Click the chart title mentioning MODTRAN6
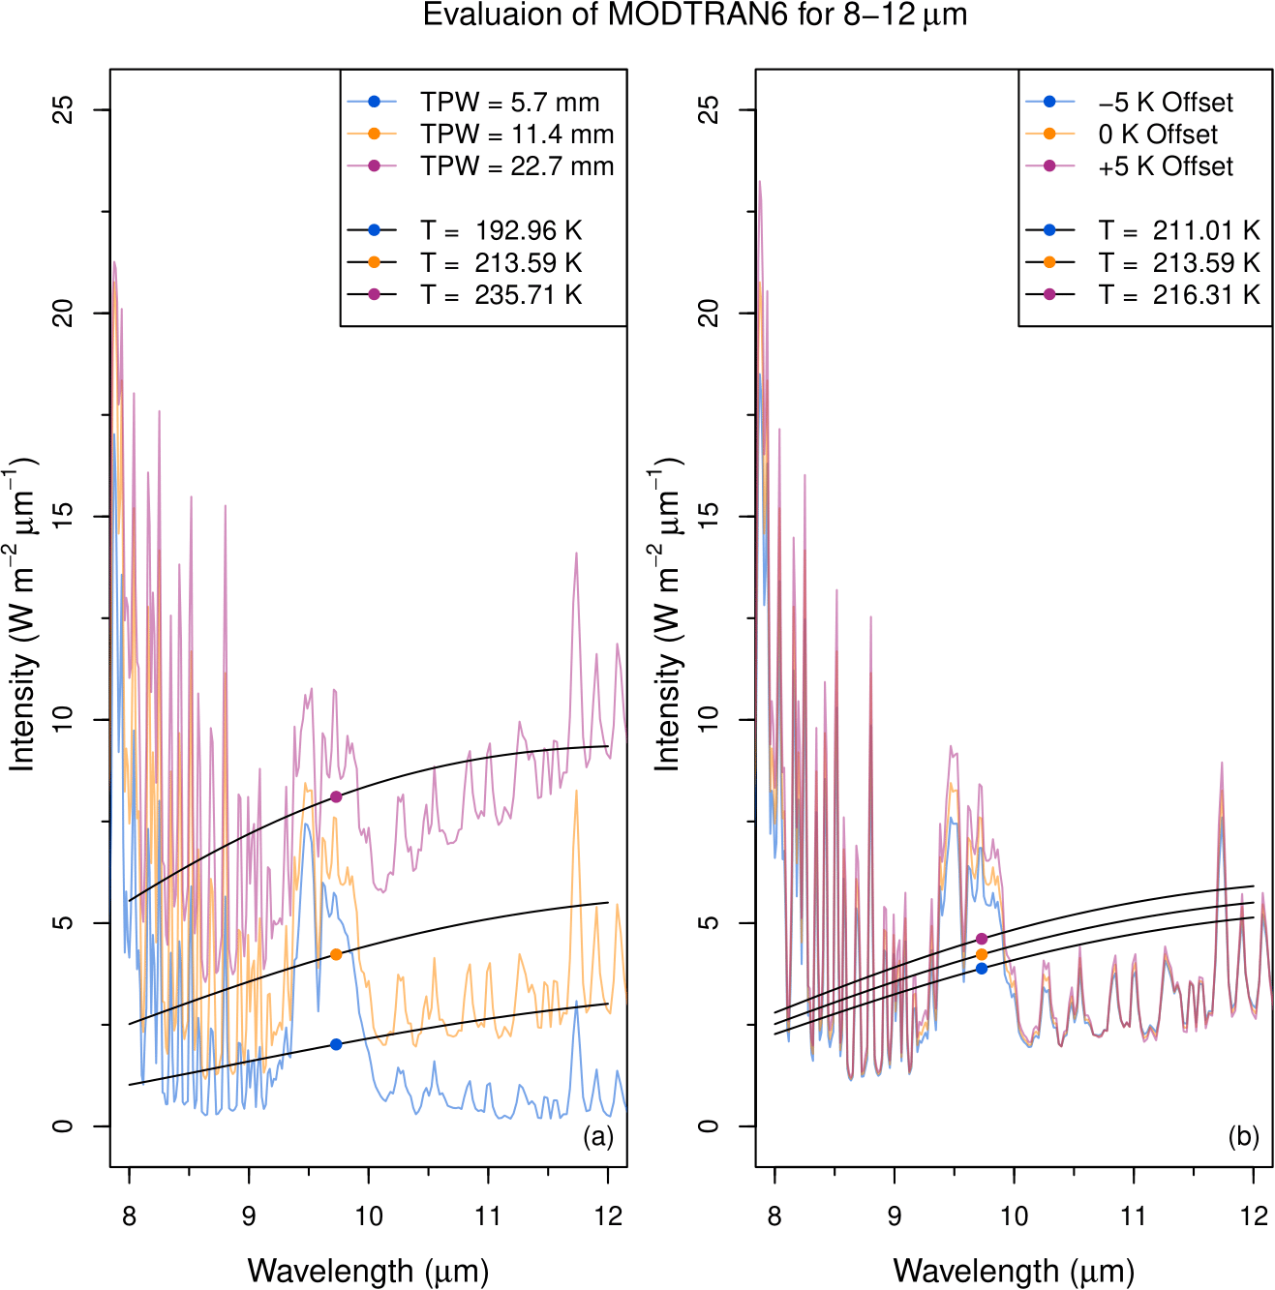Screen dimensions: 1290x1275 695,15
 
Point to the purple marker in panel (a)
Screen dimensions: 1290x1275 336,796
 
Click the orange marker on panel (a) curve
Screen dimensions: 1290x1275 336,954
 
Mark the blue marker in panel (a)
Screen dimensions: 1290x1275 336,1044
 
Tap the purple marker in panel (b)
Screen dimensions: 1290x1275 982,939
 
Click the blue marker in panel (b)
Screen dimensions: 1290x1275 982,969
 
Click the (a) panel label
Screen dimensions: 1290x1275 598,1136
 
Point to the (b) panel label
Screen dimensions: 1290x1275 1243,1136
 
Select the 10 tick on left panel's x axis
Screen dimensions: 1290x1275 369,1215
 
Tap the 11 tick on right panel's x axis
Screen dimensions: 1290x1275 1133,1215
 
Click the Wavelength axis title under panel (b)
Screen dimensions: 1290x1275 1013,1270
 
